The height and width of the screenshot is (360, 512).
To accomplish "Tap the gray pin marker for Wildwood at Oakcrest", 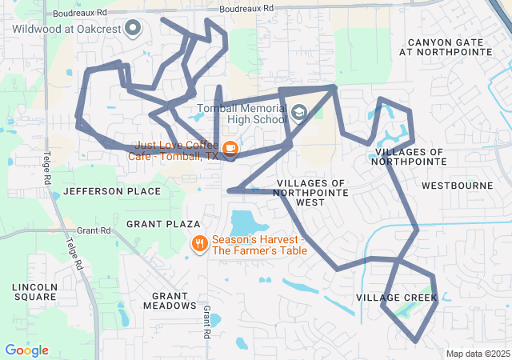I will click(x=134, y=30).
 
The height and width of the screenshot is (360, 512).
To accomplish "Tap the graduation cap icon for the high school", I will click(x=298, y=112).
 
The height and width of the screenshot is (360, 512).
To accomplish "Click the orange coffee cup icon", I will click(x=230, y=148).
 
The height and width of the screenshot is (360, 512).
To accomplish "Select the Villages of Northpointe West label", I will click(x=311, y=193).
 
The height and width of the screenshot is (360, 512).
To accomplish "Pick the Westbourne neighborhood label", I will click(x=458, y=186).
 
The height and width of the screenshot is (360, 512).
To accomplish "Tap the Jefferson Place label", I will click(x=111, y=191).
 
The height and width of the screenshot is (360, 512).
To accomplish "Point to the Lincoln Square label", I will click(x=34, y=291).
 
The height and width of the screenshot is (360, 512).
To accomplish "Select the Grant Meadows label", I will click(x=169, y=300).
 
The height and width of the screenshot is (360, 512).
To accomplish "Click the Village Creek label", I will click(x=397, y=298).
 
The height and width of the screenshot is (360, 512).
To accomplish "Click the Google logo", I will click(x=26, y=350).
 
